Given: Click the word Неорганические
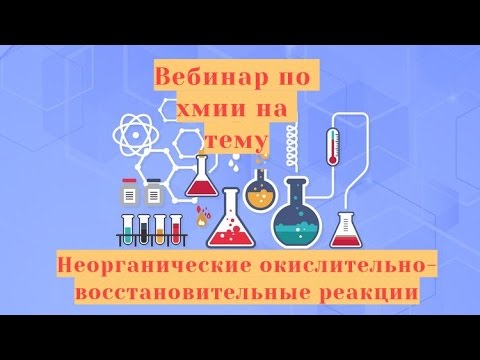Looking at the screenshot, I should [143, 268].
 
